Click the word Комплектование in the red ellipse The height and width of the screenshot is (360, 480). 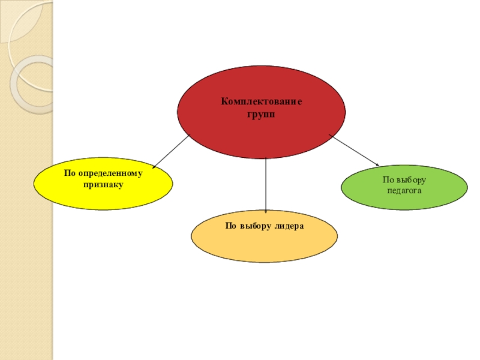click(x=262, y=102)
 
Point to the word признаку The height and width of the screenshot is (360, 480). click(x=103, y=185)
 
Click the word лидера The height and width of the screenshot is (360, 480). click(x=289, y=226)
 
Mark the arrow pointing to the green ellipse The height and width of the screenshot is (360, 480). click(x=354, y=150)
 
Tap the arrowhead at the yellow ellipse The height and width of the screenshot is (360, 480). click(x=154, y=166)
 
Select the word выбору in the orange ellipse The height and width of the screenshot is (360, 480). click(x=254, y=226)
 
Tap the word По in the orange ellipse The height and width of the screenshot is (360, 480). click(x=231, y=226)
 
